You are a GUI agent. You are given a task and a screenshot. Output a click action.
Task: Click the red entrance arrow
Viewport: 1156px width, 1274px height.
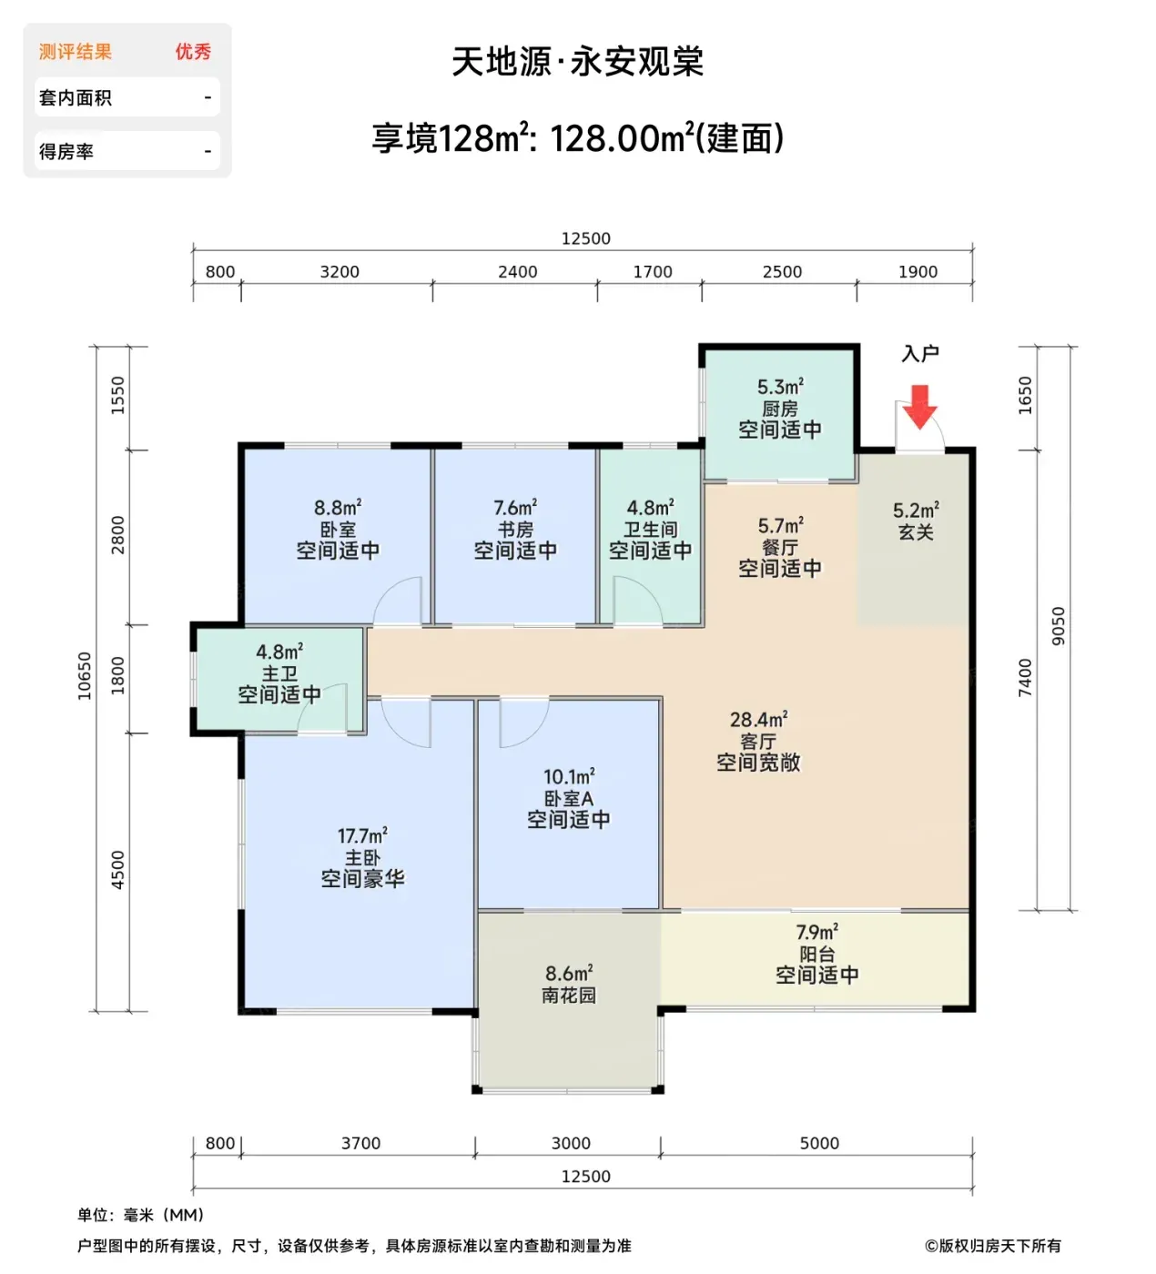pos(919,407)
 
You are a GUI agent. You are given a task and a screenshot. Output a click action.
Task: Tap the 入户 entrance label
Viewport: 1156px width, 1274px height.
pos(919,354)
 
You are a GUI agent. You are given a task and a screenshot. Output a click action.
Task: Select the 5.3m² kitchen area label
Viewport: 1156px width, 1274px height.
pos(780,387)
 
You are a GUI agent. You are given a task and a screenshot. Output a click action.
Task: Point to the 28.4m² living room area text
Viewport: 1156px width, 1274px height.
pos(759,720)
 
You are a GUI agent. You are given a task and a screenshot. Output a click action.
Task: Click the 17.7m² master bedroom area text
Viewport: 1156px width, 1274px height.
pos(362,835)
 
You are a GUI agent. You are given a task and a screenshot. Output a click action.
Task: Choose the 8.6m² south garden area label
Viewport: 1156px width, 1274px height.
pos(569,974)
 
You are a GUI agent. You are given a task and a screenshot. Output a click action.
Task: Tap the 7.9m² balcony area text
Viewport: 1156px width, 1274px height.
pos(816,933)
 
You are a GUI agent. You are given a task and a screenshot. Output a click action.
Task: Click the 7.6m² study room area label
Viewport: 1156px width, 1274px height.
pos(515,508)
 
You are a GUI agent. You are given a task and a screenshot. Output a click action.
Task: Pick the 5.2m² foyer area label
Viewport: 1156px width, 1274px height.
pos(916,511)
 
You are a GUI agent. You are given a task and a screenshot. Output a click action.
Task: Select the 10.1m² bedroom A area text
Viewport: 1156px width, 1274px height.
pos(569,777)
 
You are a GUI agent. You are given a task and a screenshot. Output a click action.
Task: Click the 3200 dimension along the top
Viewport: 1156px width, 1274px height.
pos(340,272)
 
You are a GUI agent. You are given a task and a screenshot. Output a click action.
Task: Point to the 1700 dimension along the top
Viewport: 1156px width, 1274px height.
pos(652,272)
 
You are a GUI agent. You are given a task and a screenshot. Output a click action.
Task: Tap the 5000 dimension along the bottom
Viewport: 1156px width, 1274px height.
pos(819,1143)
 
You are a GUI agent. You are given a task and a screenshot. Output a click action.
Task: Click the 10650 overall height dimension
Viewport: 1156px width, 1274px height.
pos(85,676)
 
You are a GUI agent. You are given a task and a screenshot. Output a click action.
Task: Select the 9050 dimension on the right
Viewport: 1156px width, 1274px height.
pos(1058,626)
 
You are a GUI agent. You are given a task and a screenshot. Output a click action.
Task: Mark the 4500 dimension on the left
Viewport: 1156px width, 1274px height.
pos(117,870)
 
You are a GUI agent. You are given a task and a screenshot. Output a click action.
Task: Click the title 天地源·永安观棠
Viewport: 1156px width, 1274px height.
pos(578,62)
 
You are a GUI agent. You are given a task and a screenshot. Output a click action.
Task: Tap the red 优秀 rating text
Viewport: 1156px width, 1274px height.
pos(193,52)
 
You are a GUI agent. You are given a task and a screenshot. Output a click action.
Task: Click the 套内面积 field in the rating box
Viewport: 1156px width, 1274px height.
pos(76,97)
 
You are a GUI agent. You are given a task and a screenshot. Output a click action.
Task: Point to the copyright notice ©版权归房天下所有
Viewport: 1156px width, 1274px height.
pos(993,1246)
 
